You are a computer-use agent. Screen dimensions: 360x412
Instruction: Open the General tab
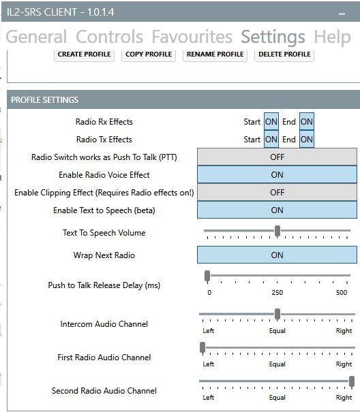coord(36,36)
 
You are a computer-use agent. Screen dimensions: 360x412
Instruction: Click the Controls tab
coord(109,36)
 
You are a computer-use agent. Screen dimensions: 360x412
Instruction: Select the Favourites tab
coord(192,36)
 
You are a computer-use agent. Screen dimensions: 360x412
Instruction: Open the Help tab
coord(332,36)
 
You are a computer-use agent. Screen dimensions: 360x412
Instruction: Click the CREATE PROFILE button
coord(84,54)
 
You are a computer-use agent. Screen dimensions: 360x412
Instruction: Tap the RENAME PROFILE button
coord(215,54)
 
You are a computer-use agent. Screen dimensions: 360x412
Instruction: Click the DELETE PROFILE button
coord(284,54)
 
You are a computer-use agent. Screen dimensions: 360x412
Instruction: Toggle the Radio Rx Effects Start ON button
coord(271,122)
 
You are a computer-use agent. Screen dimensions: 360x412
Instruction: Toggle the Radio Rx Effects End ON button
coord(307,122)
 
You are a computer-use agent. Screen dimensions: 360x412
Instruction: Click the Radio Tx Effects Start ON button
coord(271,140)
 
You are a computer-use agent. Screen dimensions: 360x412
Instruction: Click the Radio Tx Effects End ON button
coord(307,140)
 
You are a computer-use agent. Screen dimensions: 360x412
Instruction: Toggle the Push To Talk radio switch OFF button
coord(277,157)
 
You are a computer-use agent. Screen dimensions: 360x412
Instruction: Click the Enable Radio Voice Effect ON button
coord(277,175)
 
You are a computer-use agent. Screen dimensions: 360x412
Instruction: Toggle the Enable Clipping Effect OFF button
coord(277,193)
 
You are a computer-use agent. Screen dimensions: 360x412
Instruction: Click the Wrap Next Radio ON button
coord(277,255)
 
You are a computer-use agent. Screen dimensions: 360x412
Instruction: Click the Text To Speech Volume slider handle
coord(277,231)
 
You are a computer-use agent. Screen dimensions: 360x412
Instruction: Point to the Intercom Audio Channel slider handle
coord(277,314)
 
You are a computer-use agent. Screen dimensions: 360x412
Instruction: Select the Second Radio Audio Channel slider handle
coord(352,381)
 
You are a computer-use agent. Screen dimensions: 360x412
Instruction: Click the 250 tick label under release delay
coord(277,293)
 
